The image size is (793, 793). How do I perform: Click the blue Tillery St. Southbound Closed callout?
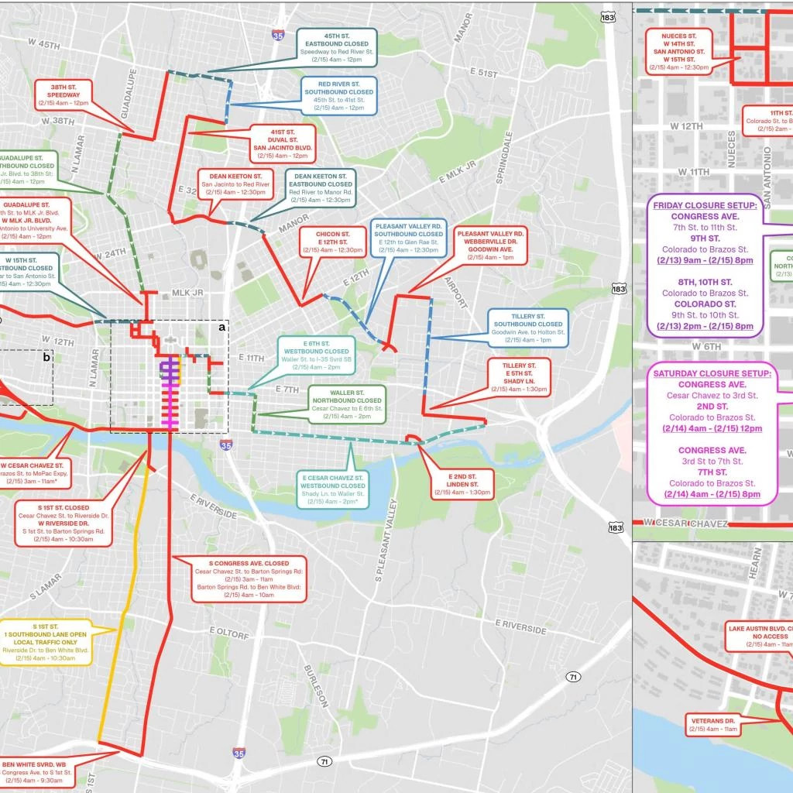point(529,328)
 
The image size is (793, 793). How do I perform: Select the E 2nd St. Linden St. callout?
point(458,482)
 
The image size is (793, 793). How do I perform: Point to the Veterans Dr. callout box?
point(713,725)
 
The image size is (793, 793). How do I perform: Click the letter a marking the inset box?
point(222,328)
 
